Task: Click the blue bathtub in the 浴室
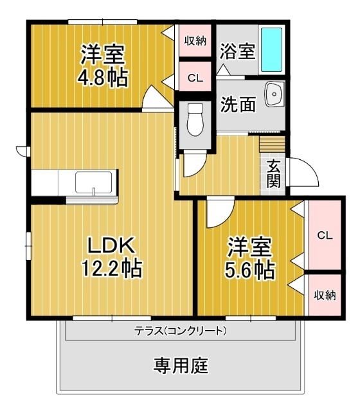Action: coord(272,50)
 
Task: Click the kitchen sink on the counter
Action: coord(94,182)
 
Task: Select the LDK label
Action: coord(110,245)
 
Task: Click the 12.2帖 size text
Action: coord(111,267)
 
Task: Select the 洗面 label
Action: coord(238,105)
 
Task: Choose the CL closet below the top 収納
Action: coord(195,78)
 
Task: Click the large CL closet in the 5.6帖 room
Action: coord(324,236)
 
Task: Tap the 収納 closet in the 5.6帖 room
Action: coord(324,295)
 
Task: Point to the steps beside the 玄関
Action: coord(271,144)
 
